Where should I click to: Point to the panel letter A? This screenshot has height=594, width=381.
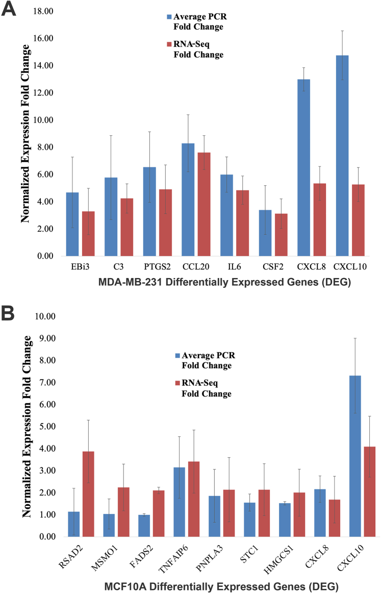(9, 9)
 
